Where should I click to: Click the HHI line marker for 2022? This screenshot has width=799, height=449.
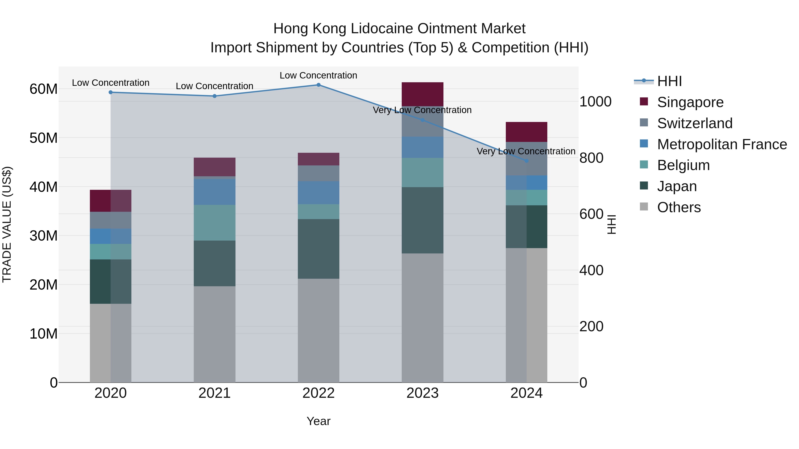pos(318,85)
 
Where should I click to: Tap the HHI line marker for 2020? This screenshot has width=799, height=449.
pos(111,92)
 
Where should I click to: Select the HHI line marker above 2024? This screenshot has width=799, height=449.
pos(526,161)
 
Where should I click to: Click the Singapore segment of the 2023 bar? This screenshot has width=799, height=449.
pos(422,94)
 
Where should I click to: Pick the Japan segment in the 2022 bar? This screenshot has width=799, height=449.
pos(318,249)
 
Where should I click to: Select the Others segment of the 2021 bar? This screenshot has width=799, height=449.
pos(214,334)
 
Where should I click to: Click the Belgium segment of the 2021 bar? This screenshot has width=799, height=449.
pos(214,222)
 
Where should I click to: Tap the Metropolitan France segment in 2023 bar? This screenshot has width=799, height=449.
pos(422,147)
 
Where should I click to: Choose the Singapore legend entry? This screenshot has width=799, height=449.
pos(690,102)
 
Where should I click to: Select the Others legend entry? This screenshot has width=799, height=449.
pos(679,207)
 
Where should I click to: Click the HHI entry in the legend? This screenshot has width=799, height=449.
pos(669,81)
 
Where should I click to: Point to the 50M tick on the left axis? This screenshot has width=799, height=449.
pos(44,138)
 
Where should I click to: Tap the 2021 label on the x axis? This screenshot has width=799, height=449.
pos(214,393)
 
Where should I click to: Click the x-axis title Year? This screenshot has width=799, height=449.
pos(318,421)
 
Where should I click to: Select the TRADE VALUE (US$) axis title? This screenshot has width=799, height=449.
pos(7,224)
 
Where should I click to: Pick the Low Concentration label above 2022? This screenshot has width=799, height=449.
pos(318,75)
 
